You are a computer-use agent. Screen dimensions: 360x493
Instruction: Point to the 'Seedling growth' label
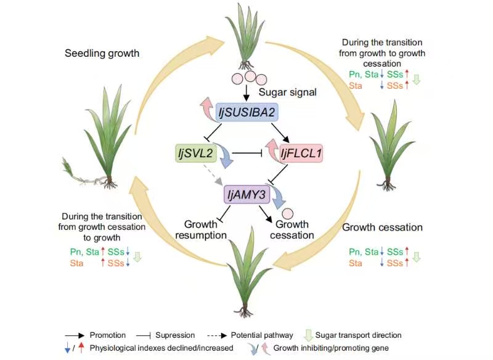(102, 54)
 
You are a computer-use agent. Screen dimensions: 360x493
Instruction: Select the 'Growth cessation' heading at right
(383, 227)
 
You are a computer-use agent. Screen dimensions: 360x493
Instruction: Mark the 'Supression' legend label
(176, 335)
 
